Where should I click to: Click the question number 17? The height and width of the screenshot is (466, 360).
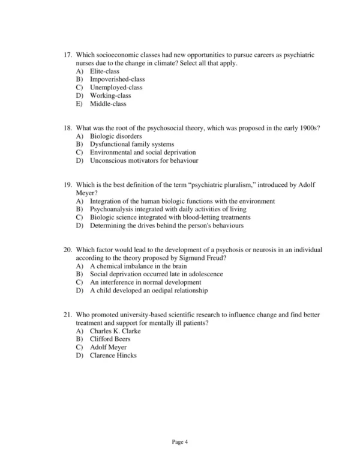[67, 55]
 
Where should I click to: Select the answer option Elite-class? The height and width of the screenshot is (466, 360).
[104, 71]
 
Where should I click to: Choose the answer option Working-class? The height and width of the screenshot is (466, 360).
[110, 95]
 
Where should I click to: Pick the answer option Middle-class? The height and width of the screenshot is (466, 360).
[108, 104]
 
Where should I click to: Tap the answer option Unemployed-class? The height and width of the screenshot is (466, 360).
[116, 88]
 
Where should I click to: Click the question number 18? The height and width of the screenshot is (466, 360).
[67, 129]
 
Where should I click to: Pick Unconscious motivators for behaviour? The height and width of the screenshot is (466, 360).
[144, 161]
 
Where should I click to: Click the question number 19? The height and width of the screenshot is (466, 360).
[67, 185]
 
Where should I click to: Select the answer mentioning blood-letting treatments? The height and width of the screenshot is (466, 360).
[170, 217]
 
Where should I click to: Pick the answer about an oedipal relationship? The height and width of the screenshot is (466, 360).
[148, 291]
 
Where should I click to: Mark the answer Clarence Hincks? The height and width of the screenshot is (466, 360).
[113, 356]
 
